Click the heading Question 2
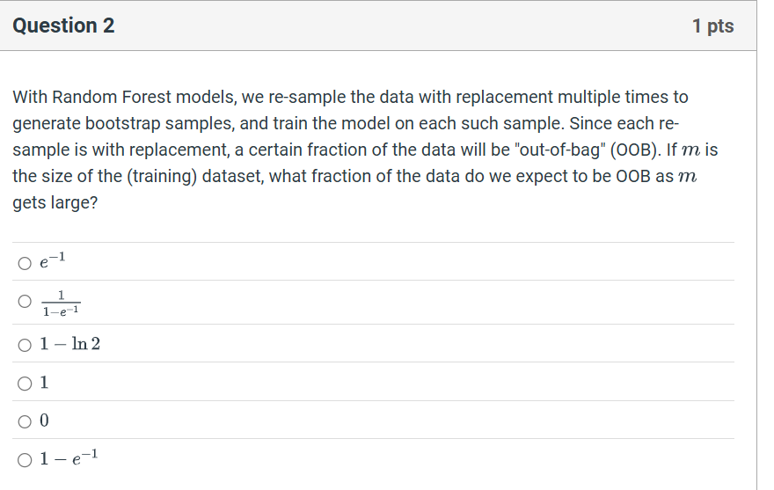click(63, 26)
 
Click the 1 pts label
click(712, 26)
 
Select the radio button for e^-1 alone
click(24, 262)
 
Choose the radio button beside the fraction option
click(24, 302)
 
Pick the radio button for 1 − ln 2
click(24, 344)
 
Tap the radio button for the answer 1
click(24, 383)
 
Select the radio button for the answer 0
click(24, 421)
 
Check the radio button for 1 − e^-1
click(24, 459)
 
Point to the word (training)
click(162, 176)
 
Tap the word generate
click(44, 123)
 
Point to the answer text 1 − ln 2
click(70, 344)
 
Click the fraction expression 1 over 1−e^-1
click(61, 302)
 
